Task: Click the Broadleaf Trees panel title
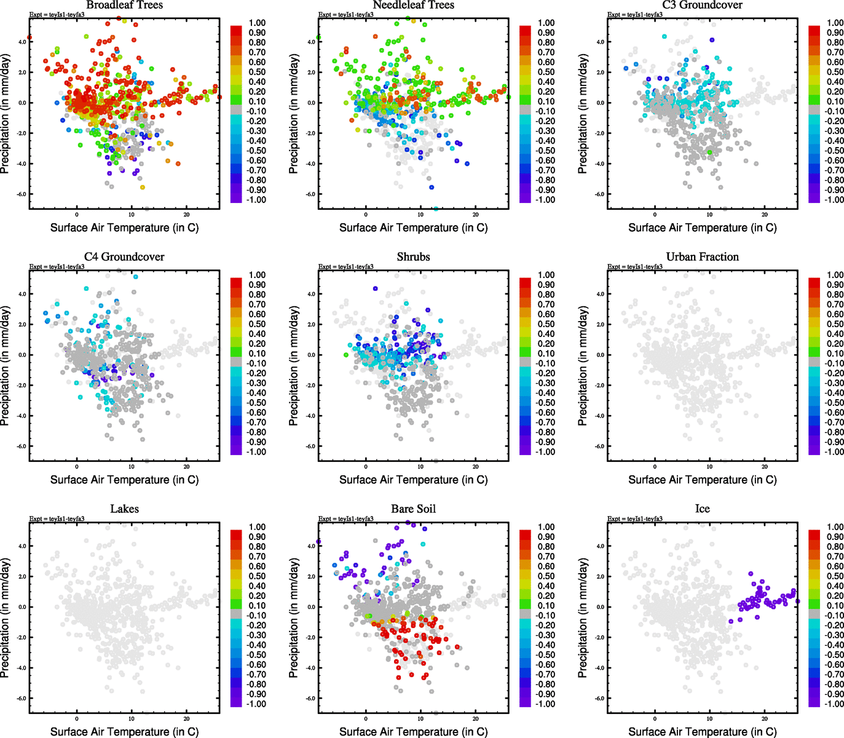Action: tap(124, 5)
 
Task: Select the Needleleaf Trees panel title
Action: tap(413, 5)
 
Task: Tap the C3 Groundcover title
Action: tap(702, 5)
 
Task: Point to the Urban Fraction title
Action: tap(702, 257)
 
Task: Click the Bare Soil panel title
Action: tap(413, 509)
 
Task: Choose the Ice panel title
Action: tap(702, 509)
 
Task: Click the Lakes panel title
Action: tap(124, 509)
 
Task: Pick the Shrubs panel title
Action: tap(413, 257)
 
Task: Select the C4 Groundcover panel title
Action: tap(124, 257)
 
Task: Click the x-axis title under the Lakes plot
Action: tap(124, 732)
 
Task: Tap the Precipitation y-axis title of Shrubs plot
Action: tap(294, 366)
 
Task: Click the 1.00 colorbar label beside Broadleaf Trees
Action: tap(257, 23)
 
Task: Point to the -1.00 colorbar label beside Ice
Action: tap(834, 704)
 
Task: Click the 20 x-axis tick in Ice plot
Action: tap(765, 718)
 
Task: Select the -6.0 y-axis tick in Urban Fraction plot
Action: tap(599, 446)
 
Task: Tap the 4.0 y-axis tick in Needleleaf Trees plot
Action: tap(310, 42)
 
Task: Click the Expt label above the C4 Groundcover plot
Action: tap(57, 267)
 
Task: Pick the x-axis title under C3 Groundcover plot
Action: tap(702, 228)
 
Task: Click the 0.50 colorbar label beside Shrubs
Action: tap(546, 324)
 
